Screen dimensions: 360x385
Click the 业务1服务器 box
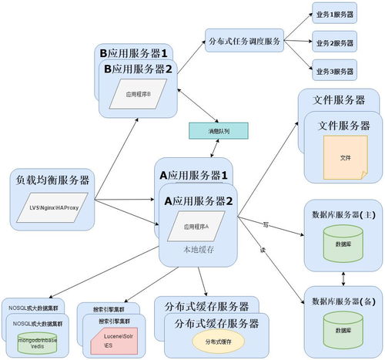tap(333, 13)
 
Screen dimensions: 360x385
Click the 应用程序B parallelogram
tap(138, 94)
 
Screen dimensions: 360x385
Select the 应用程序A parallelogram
tap(196, 227)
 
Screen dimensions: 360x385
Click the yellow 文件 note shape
tap(345, 157)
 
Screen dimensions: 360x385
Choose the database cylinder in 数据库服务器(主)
tap(344, 243)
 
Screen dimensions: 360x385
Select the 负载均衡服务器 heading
tap(52, 180)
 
